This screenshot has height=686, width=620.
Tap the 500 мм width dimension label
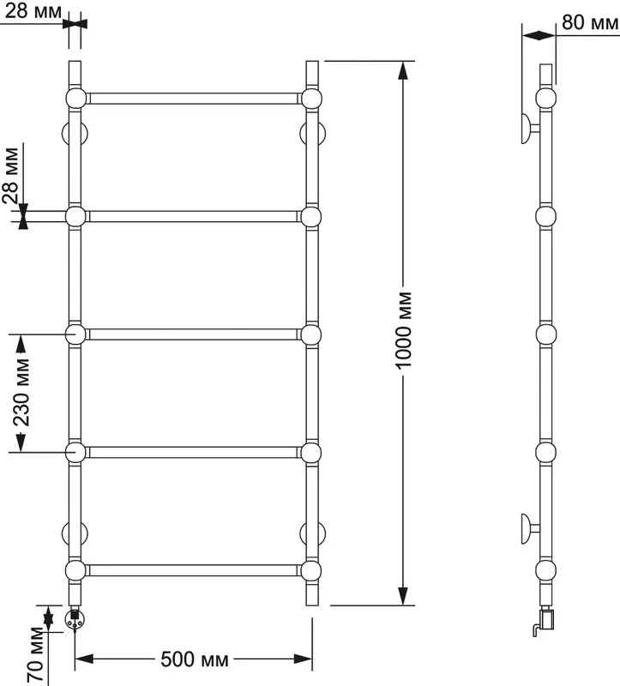[x=195, y=659]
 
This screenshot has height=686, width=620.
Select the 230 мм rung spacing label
[x=21, y=393]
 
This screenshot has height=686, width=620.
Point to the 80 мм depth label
[x=590, y=22]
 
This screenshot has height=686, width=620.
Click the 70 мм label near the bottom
[x=36, y=654]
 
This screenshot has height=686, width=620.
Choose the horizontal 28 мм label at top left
[x=33, y=11]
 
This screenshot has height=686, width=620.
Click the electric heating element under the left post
[x=75, y=617]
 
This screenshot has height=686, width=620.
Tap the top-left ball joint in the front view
[x=75, y=99]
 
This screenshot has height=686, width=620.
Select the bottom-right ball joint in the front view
[x=311, y=570]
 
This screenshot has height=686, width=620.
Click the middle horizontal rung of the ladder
[x=193, y=334]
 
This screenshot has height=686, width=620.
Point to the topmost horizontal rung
[x=193, y=99]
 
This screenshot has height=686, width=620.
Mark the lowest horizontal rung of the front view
[x=193, y=570]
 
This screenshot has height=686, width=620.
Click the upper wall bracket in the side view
[x=530, y=128]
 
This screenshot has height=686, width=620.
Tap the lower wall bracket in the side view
[x=530, y=529]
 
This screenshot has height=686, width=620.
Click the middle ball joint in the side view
[x=546, y=334]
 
